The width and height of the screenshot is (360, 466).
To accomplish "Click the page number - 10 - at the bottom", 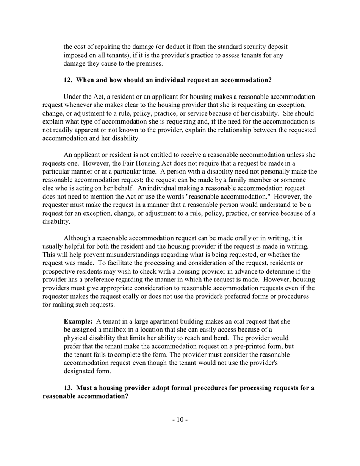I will (180, 419).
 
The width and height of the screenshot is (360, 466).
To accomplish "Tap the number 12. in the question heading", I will (69, 80).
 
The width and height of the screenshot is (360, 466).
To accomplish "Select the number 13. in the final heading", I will (69, 388).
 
